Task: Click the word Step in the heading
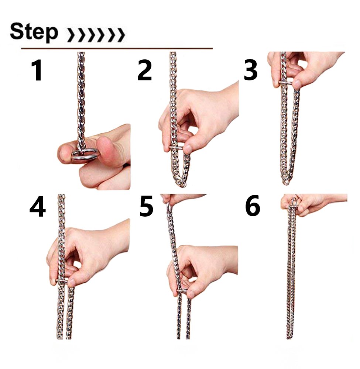point(34,32)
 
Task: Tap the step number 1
point(37,70)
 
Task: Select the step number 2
point(144,70)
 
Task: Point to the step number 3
point(250,70)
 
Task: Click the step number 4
point(37,207)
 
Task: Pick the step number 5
point(146,206)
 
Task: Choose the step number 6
point(253,206)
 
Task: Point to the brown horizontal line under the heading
point(117,48)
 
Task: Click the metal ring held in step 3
point(285,83)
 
